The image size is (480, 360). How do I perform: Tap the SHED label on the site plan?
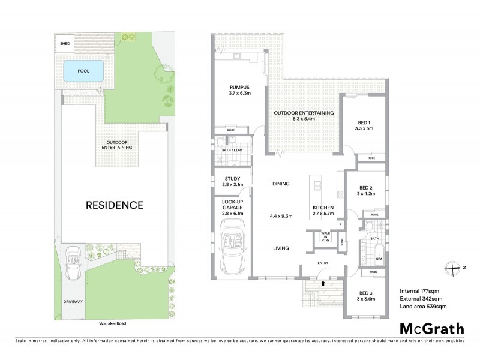64,43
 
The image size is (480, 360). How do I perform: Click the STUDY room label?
232,178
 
